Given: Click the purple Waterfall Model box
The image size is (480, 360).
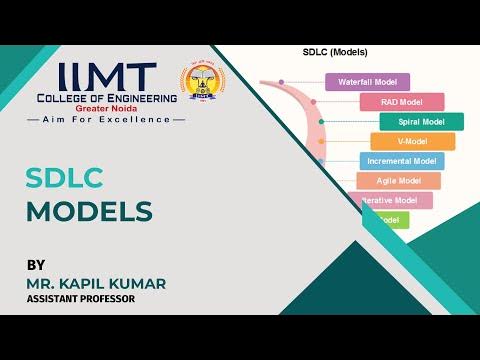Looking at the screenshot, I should tap(369, 82).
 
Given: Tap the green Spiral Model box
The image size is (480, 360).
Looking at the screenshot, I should tap(421, 122).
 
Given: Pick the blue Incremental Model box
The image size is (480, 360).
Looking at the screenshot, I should tap(401, 161).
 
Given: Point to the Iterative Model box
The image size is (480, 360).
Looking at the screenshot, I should tap(394, 200).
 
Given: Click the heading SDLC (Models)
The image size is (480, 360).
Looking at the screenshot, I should tap(335, 52).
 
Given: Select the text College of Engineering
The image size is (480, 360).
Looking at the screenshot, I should tap(107, 98).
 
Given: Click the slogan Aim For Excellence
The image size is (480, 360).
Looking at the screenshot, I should tap(107, 119).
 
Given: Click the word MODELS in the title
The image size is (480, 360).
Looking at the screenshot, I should tap(89, 211).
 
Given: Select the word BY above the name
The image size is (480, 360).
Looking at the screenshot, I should tap(36, 265).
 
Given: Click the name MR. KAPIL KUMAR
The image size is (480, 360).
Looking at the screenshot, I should tap(96, 283).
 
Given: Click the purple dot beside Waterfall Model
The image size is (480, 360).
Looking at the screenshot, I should tap(282, 82).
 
